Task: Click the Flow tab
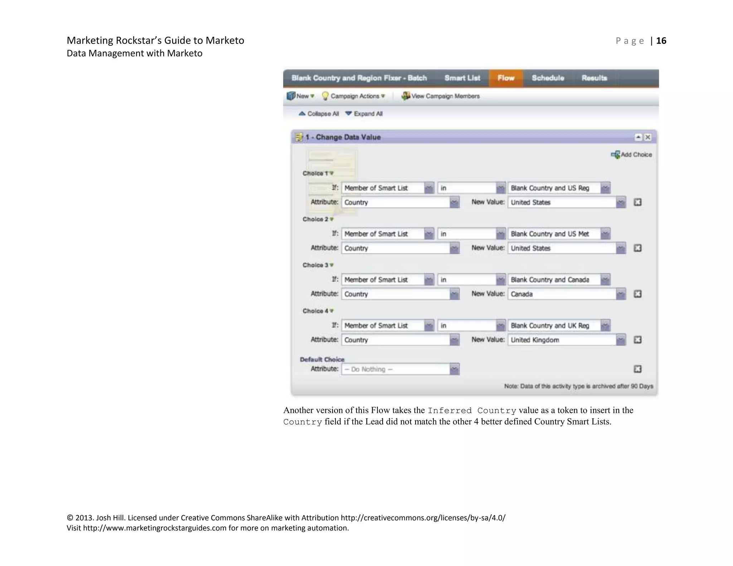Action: (x=506, y=78)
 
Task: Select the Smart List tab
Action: (x=462, y=78)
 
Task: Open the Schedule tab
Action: (x=548, y=78)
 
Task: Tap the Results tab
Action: (x=594, y=78)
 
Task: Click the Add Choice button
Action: (x=632, y=155)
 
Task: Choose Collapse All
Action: (x=319, y=114)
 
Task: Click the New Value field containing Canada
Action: (x=562, y=294)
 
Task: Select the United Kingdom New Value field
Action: (x=562, y=340)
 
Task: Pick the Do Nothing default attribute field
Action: (x=396, y=369)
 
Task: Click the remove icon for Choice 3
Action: (x=637, y=294)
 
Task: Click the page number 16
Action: (x=661, y=41)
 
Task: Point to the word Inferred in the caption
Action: (x=450, y=411)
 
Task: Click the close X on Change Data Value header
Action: (x=648, y=137)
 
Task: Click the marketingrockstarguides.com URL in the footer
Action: (x=155, y=528)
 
